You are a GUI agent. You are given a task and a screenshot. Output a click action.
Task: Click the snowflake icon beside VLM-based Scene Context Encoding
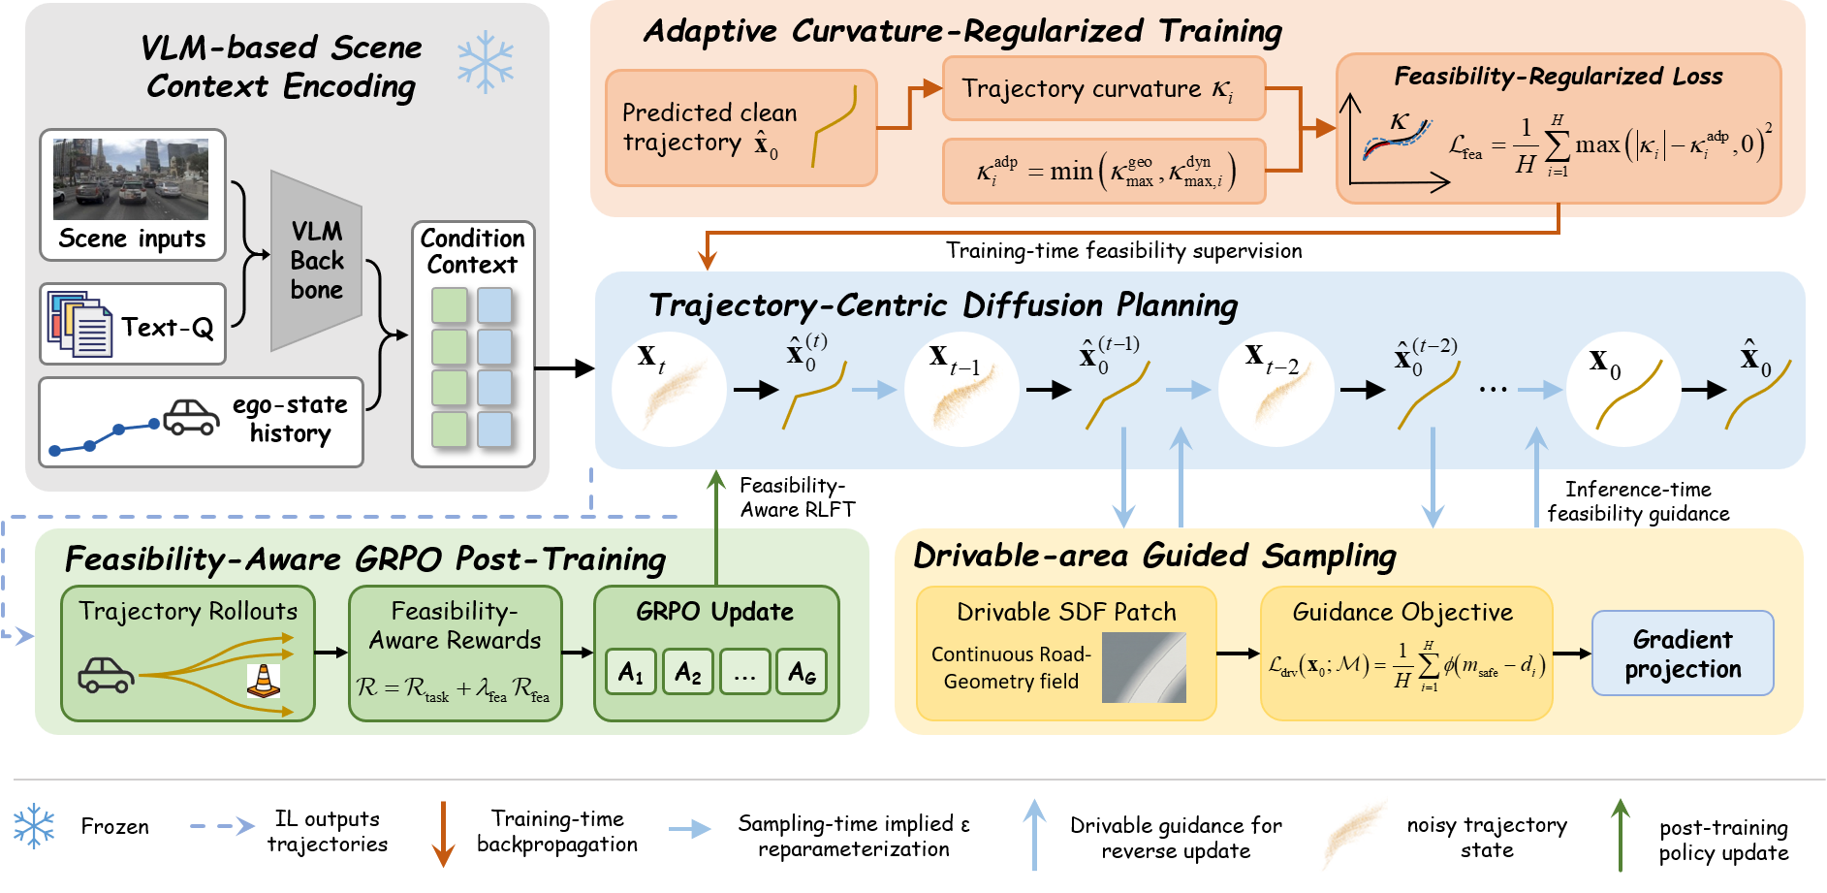point(486,63)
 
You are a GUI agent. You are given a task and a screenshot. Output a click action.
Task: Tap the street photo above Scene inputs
point(131,178)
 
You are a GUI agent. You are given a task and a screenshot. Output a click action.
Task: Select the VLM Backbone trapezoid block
point(317,261)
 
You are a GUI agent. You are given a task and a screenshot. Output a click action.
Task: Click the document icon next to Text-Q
point(79,324)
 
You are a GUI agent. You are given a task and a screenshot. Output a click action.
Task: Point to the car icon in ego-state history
point(191,418)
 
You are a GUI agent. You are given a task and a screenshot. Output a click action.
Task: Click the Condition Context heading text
point(472,251)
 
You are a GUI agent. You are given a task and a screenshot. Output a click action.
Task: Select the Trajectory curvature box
point(1104,88)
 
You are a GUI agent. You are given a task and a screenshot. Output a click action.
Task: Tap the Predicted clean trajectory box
point(741,128)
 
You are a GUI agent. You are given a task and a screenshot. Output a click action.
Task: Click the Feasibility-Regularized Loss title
point(1559,76)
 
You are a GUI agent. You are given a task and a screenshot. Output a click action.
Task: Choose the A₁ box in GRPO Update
point(632,672)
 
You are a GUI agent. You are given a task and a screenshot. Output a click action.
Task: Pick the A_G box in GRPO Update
point(802,672)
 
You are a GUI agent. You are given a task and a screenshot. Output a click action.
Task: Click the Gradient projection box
point(1683,654)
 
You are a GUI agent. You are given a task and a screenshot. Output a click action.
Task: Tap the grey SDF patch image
point(1144,668)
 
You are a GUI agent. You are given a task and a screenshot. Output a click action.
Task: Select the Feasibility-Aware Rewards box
point(456,654)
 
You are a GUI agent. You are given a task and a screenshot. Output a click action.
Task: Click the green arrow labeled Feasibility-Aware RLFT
point(716,528)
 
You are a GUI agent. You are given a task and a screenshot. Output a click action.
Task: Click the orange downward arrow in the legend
point(443,834)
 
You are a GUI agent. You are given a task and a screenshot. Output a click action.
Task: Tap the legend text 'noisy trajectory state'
point(1487,837)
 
